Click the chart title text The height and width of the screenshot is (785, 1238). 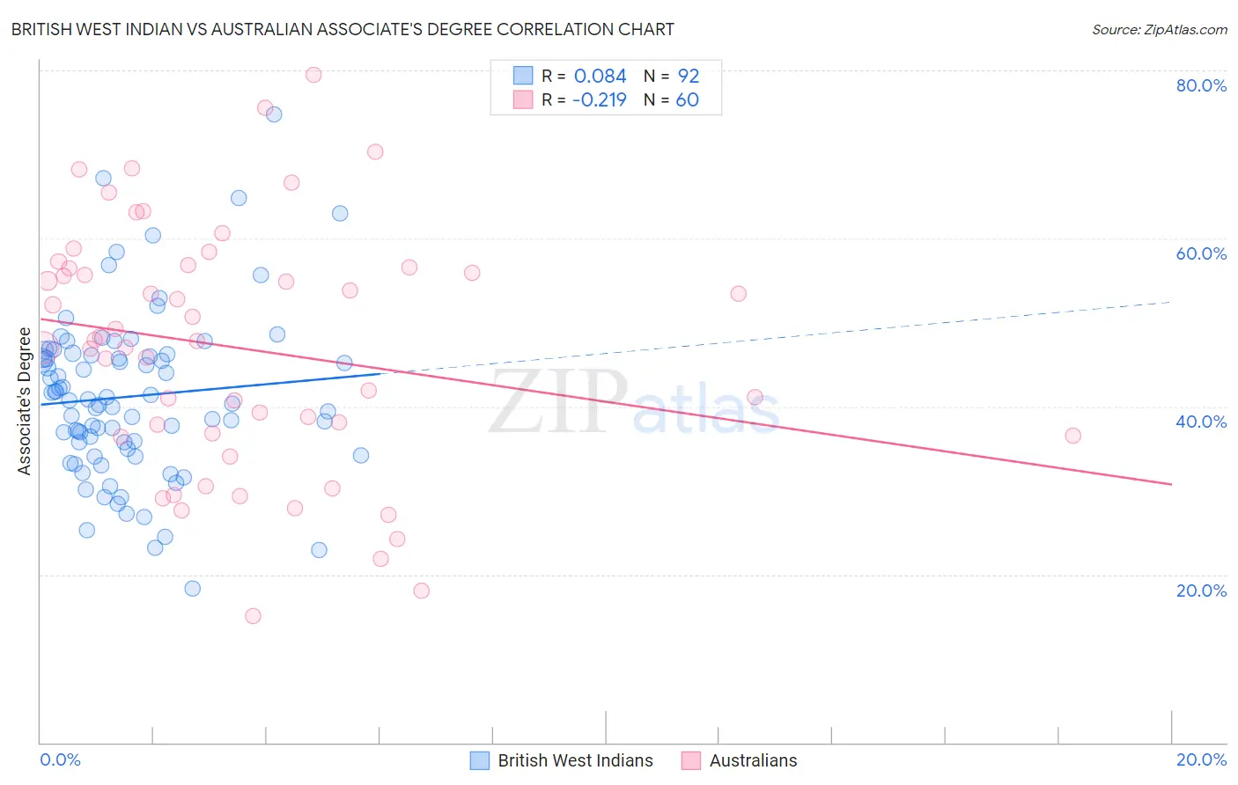(343, 29)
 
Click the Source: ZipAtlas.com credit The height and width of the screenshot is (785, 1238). (1159, 29)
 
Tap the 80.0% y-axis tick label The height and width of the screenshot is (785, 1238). (1201, 85)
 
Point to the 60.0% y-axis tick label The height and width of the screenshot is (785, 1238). (1201, 253)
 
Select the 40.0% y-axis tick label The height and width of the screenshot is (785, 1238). (1201, 422)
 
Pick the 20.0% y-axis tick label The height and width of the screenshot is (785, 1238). (1201, 591)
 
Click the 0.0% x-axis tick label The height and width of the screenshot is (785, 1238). (60, 759)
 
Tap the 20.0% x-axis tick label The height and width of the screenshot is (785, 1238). (1201, 759)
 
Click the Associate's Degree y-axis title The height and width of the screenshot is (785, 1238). (25, 401)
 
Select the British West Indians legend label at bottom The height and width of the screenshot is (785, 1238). (575, 760)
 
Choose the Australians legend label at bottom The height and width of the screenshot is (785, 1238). (753, 760)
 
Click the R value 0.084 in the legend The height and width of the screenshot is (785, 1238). (600, 77)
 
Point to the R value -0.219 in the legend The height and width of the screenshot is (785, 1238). (599, 100)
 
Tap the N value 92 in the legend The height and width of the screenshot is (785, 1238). (688, 77)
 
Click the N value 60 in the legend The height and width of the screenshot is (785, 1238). (687, 100)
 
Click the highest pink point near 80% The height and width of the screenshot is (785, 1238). (313, 75)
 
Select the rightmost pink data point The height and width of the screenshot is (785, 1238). (1072, 436)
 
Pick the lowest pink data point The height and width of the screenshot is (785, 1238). (253, 616)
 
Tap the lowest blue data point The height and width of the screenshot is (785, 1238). (192, 589)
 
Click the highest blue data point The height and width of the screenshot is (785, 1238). (274, 114)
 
